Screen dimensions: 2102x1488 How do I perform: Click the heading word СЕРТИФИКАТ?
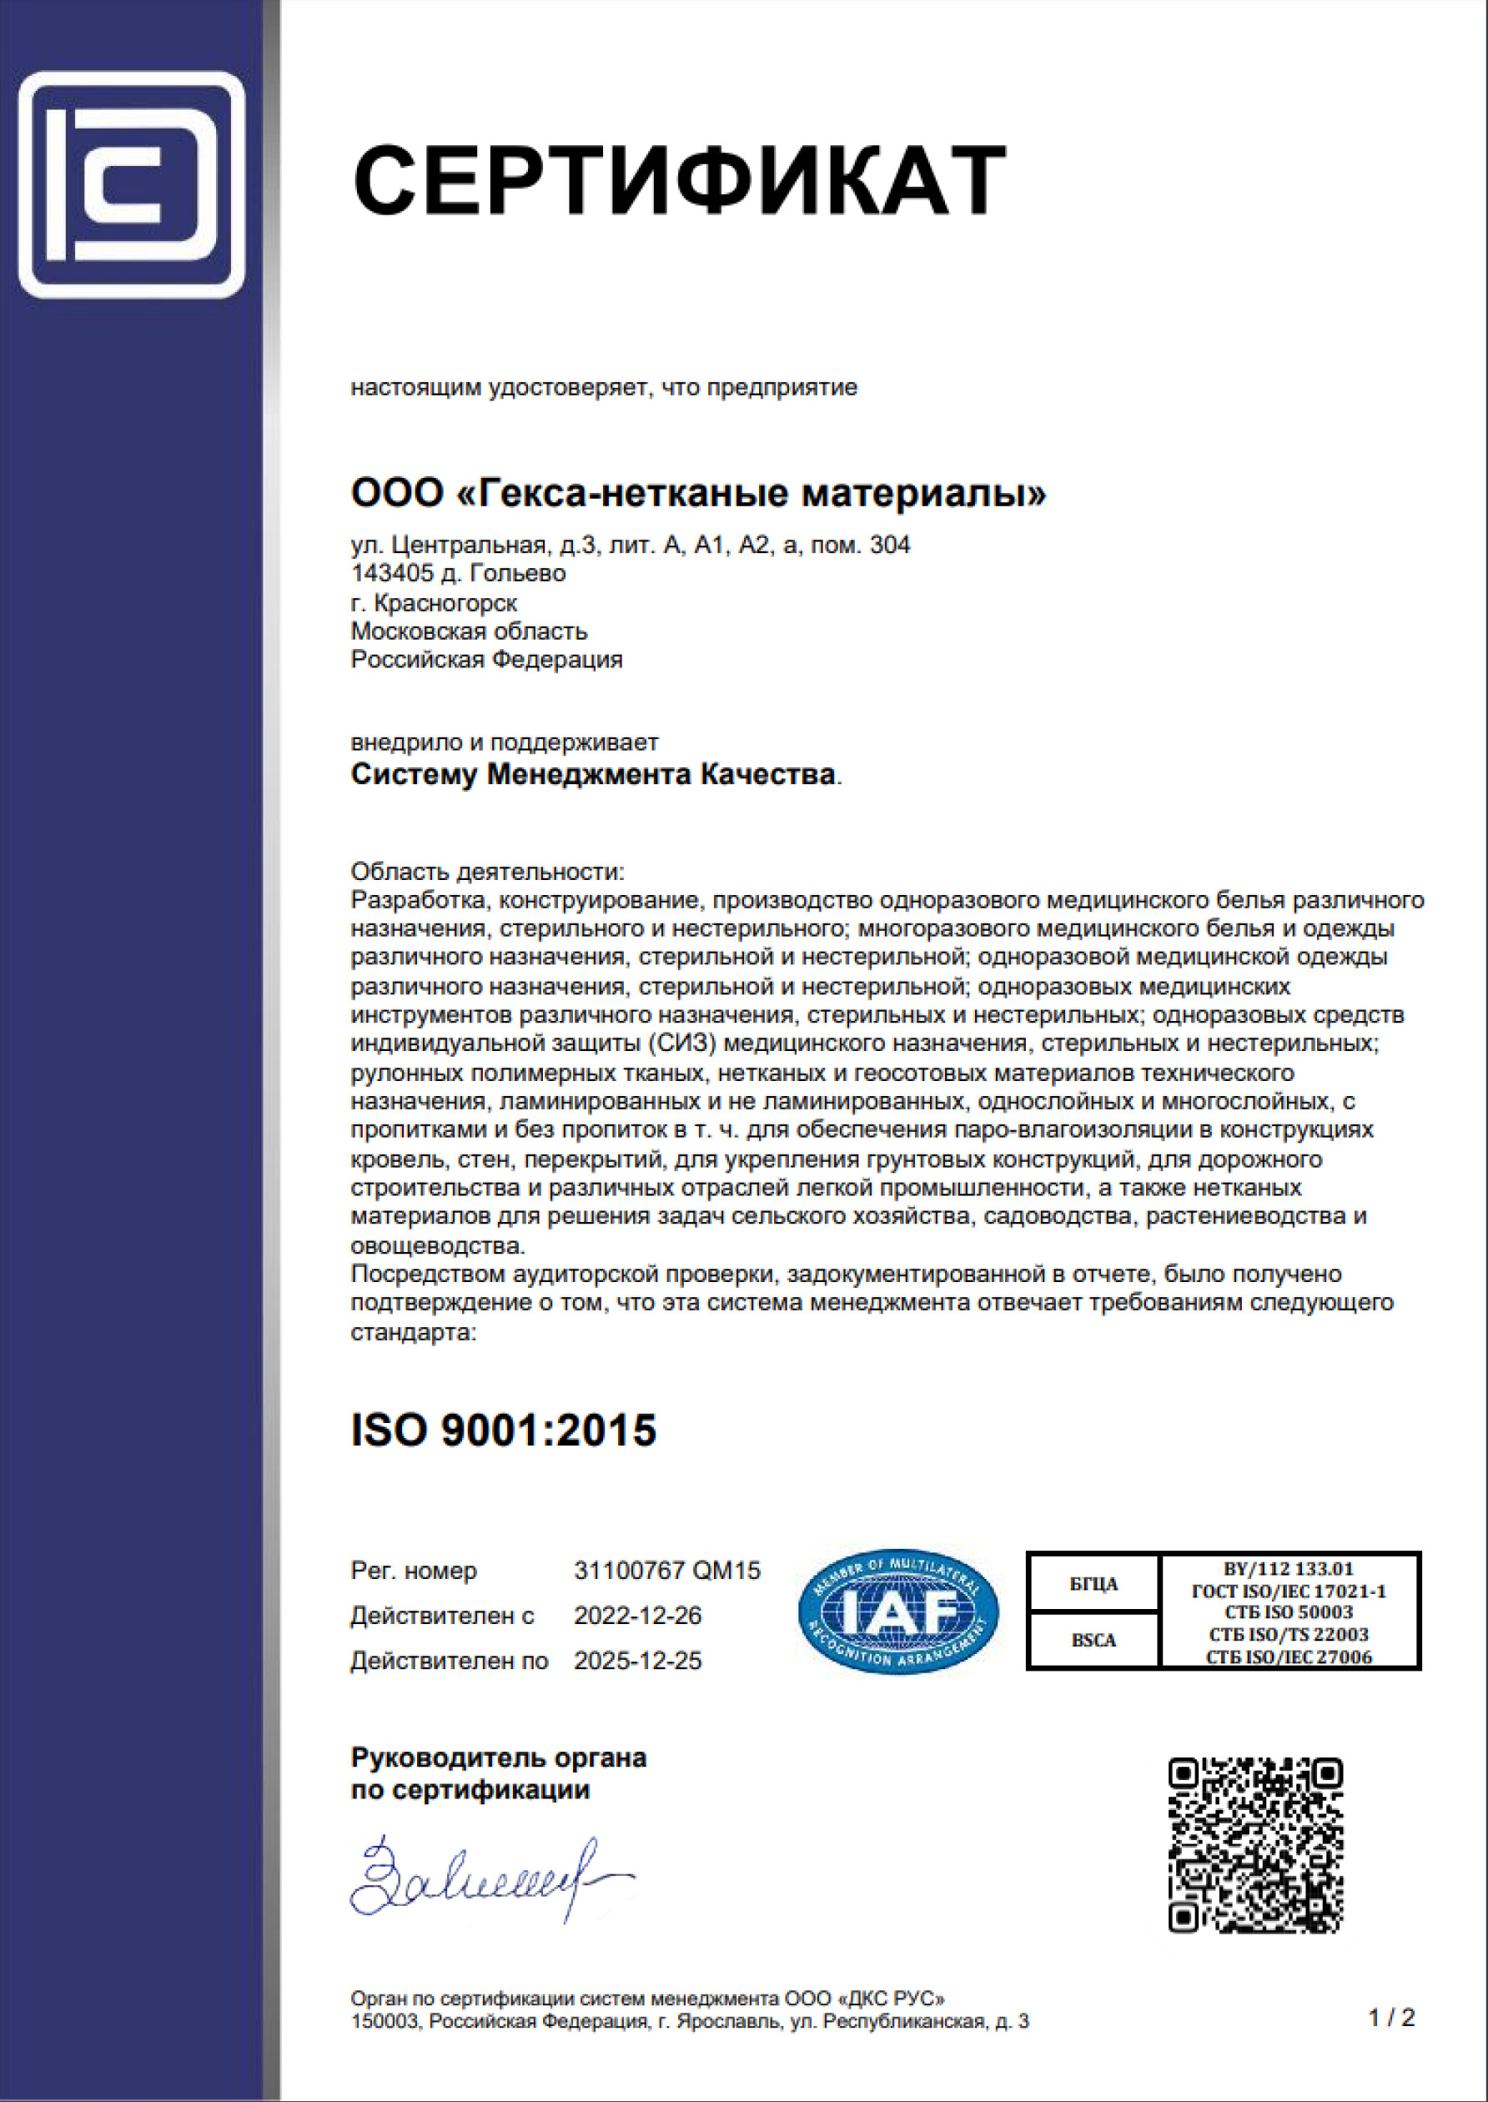pos(679,179)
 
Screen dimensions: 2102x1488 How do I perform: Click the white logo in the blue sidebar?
pos(131,185)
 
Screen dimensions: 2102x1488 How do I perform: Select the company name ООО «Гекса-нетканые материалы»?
pos(698,494)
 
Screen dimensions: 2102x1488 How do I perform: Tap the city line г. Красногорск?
pos(434,603)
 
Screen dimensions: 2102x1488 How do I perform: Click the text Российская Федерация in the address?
pos(486,660)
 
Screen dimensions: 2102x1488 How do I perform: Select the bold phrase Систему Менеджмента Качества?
pos(593,774)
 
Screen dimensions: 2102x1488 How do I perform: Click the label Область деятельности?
pos(487,871)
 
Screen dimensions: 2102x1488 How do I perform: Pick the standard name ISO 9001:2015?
pos(503,1431)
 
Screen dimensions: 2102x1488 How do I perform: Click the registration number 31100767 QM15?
pos(667,1571)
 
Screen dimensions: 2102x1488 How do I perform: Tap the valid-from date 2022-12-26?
pos(638,1616)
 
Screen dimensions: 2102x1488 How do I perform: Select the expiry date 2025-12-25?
pos(638,1661)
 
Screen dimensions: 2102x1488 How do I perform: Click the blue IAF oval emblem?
pos(898,1612)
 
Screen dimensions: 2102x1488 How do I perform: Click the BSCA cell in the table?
pos(1094,1640)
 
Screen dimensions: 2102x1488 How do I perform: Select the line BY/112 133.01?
pos(1289,1569)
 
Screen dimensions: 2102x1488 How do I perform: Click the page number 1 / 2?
pos(1391,2017)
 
